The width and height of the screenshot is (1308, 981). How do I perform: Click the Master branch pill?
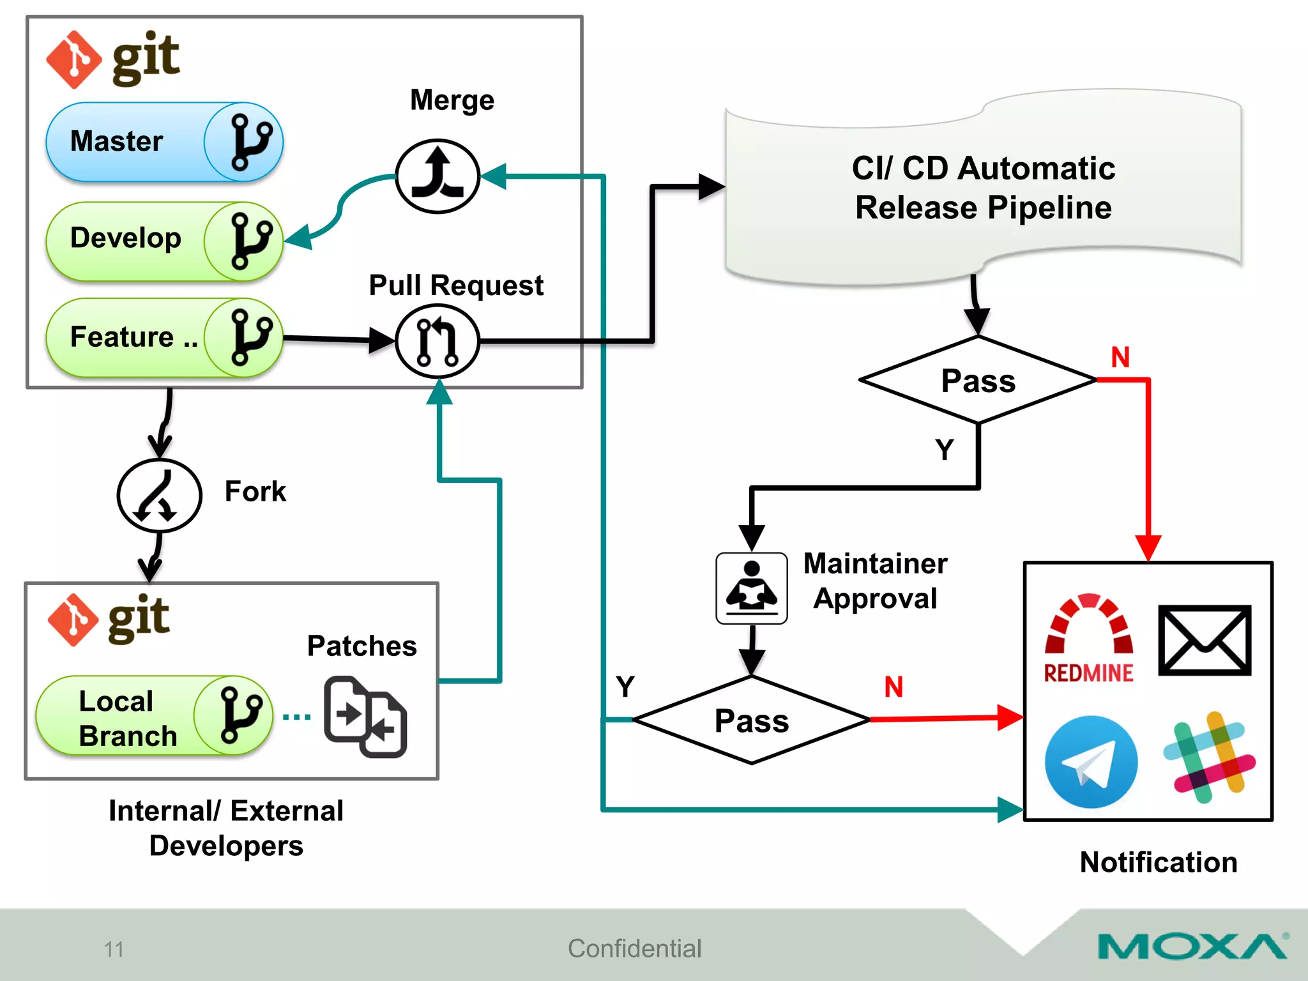tap(163, 142)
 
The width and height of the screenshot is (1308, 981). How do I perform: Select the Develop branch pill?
tap(163, 241)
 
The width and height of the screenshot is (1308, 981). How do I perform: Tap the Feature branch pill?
tap(163, 337)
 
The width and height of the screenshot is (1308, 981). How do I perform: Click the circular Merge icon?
tap(437, 176)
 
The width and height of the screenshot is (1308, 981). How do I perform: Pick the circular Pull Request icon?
tap(437, 341)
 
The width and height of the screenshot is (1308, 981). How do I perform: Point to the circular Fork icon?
tap(159, 496)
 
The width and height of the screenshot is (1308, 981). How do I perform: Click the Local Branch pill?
tap(154, 716)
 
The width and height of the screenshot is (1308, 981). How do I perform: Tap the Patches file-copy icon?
tap(365, 717)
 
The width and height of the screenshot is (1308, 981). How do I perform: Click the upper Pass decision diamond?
tap(978, 381)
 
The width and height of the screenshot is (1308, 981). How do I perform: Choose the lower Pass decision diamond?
tap(752, 720)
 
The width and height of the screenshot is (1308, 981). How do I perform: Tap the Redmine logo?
tap(1089, 639)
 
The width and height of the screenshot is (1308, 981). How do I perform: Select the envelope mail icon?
tap(1205, 640)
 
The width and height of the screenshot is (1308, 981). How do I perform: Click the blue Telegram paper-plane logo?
tap(1091, 761)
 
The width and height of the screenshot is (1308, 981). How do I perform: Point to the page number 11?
tap(114, 949)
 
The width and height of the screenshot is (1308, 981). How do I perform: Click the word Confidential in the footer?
tap(634, 948)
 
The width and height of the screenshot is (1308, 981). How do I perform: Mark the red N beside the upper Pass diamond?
tap(1120, 357)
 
